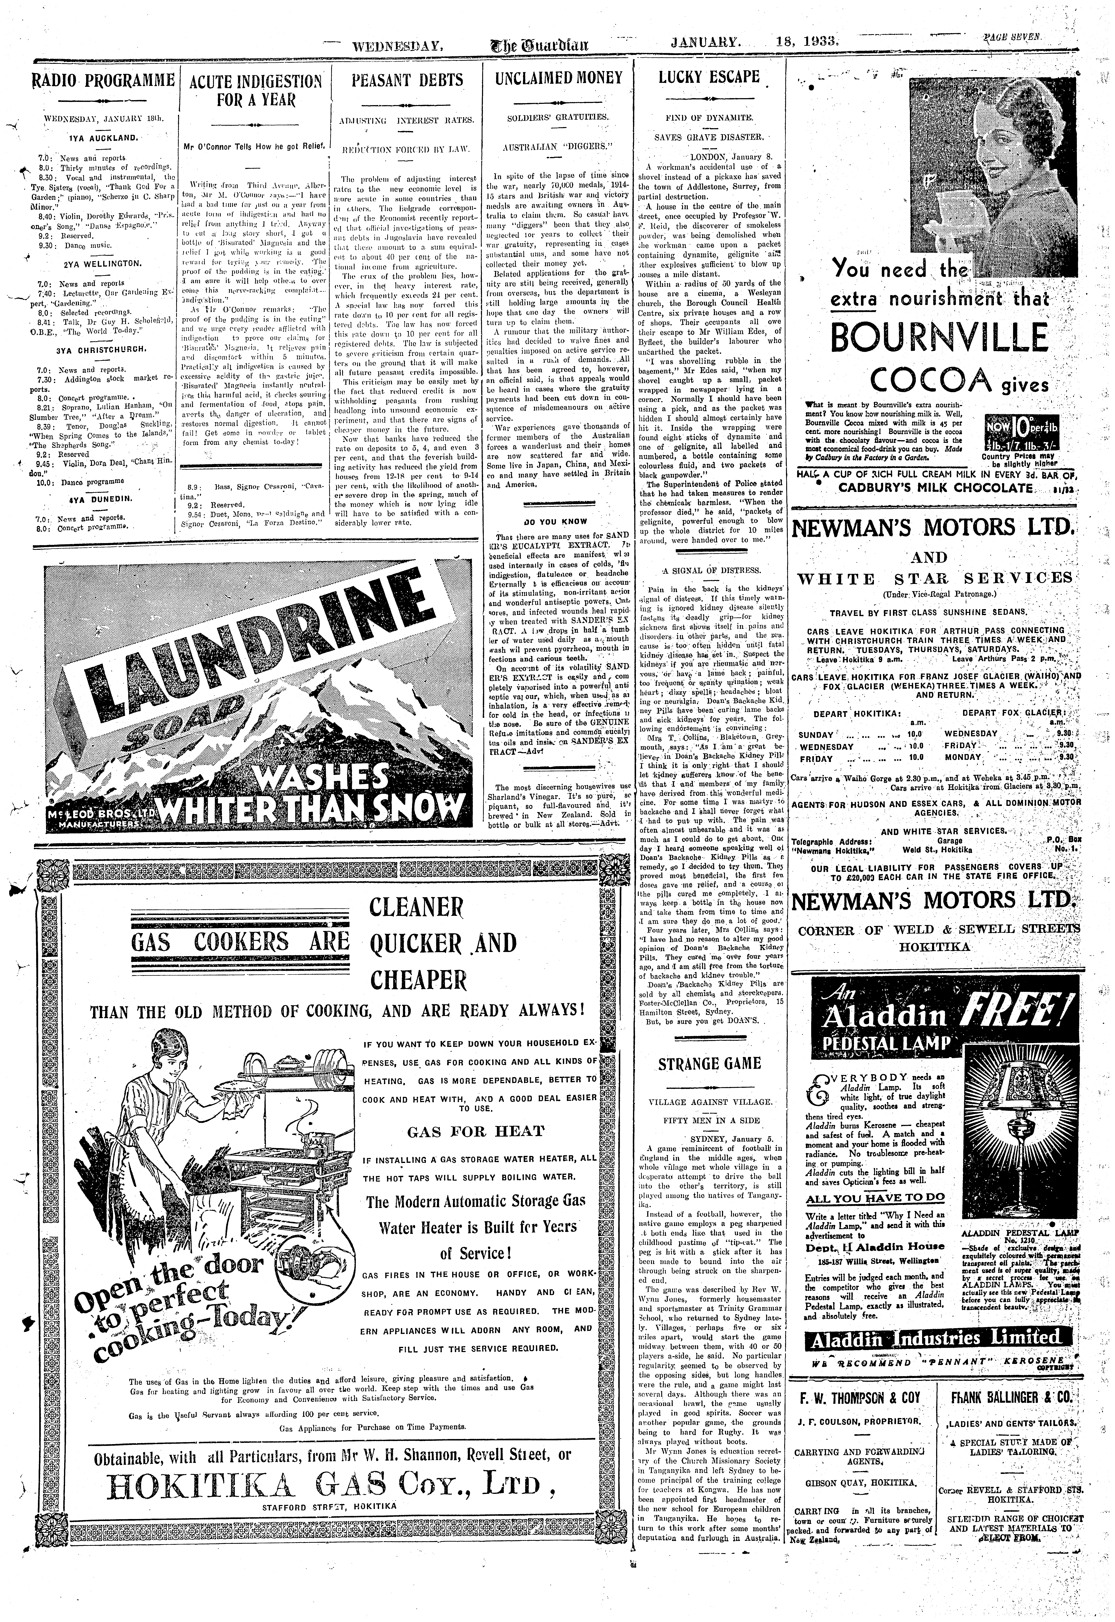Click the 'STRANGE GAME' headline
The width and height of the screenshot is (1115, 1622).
click(x=709, y=1064)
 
